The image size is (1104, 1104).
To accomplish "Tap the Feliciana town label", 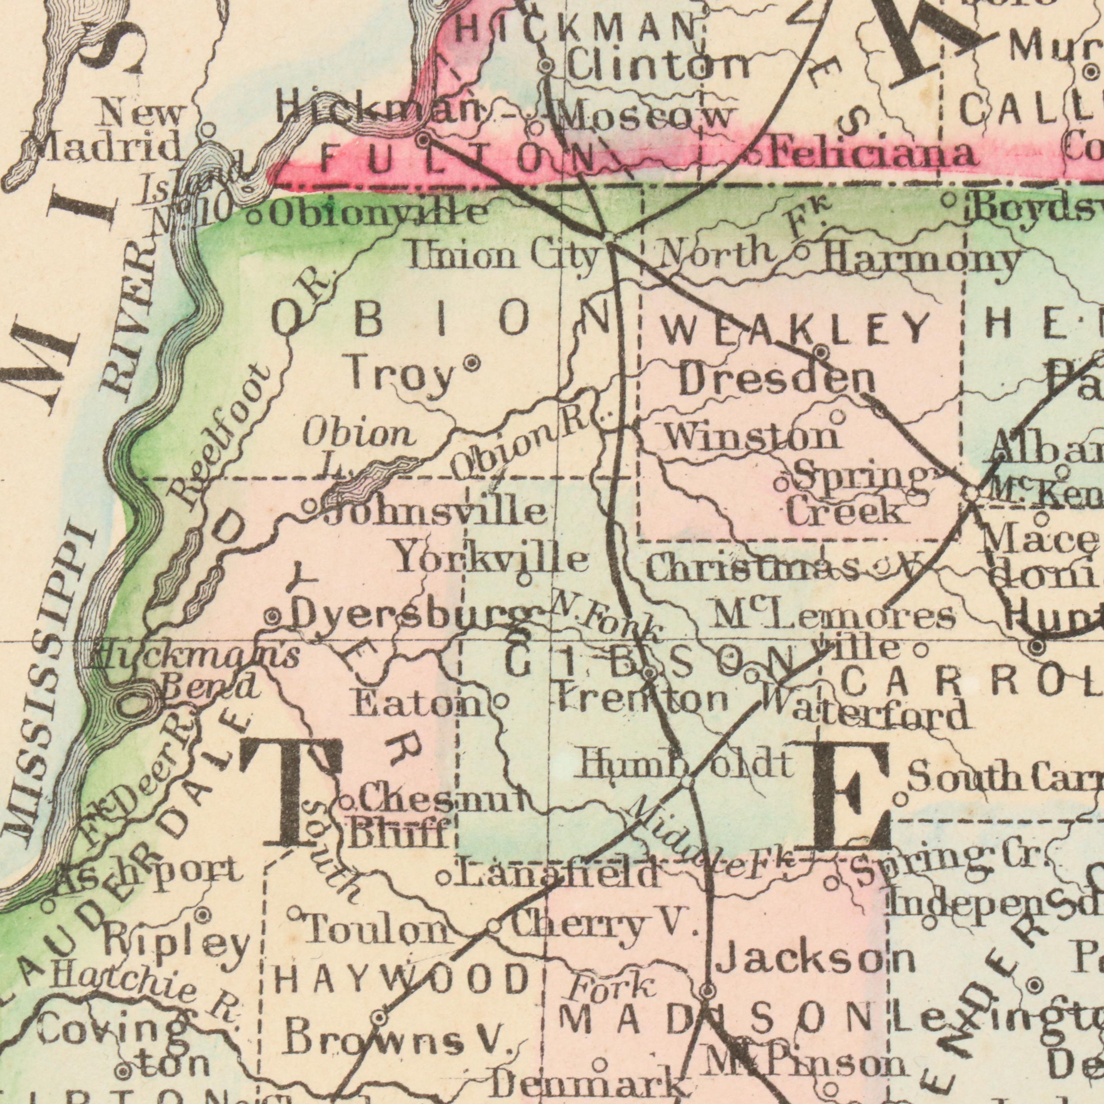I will tap(871, 154).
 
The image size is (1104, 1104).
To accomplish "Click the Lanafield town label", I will tap(557, 875).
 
